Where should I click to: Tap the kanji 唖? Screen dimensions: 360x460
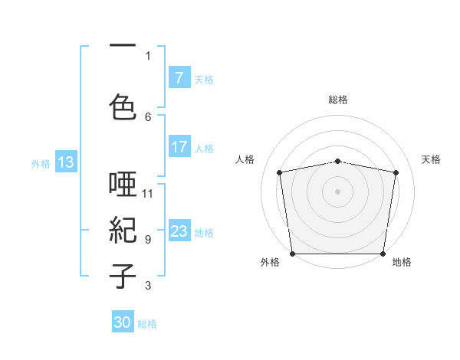[x=123, y=185]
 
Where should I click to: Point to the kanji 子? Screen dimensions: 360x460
[x=123, y=276]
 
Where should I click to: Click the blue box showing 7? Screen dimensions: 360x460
[x=179, y=78]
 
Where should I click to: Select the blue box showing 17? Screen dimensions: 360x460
[x=179, y=148]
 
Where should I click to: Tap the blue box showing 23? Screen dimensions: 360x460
[x=179, y=232]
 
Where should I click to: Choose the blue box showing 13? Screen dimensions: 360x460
[x=65, y=162]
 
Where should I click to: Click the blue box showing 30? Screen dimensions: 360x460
[x=123, y=323]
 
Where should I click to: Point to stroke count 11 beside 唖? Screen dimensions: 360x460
[x=148, y=193]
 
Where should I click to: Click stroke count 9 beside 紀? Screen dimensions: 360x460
[x=148, y=240]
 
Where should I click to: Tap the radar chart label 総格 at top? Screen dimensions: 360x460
[x=338, y=100]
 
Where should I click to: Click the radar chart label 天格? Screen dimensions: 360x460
[x=432, y=159]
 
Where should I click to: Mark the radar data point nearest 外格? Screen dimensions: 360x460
[x=292, y=254]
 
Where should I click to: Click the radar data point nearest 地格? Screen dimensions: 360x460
[x=383, y=254]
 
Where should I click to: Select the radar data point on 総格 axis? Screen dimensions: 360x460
[x=338, y=161]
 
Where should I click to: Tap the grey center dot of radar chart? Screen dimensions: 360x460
[x=338, y=191]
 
